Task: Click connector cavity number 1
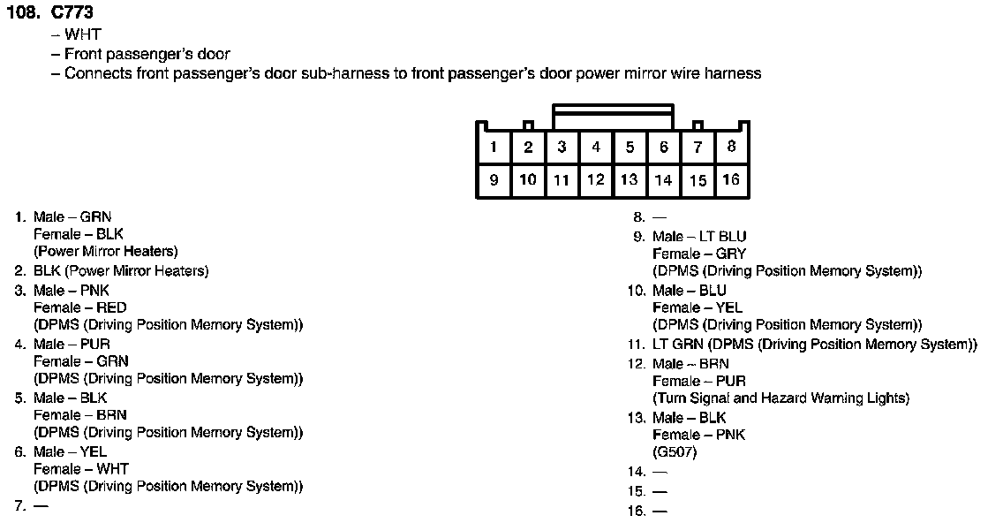pyautogui.click(x=494, y=148)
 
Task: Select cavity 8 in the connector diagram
pyautogui.click(x=731, y=148)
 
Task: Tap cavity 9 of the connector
pyautogui.click(x=494, y=180)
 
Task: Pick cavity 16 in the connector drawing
pyautogui.click(x=731, y=180)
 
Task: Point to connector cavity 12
pyautogui.click(x=596, y=180)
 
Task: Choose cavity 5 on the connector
pyautogui.click(x=630, y=148)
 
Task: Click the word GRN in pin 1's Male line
pyautogui.click(x=95, y=217)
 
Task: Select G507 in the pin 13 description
pyautogui.click(x=675, y=452)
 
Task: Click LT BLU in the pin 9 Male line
pyautogui.click(x=722, y=237)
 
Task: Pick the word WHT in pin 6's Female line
pyautogui.click(x=112, y=469)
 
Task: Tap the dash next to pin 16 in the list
pyautogui.click(x=660, y=512)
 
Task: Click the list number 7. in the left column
pyautogui.click(x=19, y=506)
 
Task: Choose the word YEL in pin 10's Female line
pyautogui.click(x=729, y=307)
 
